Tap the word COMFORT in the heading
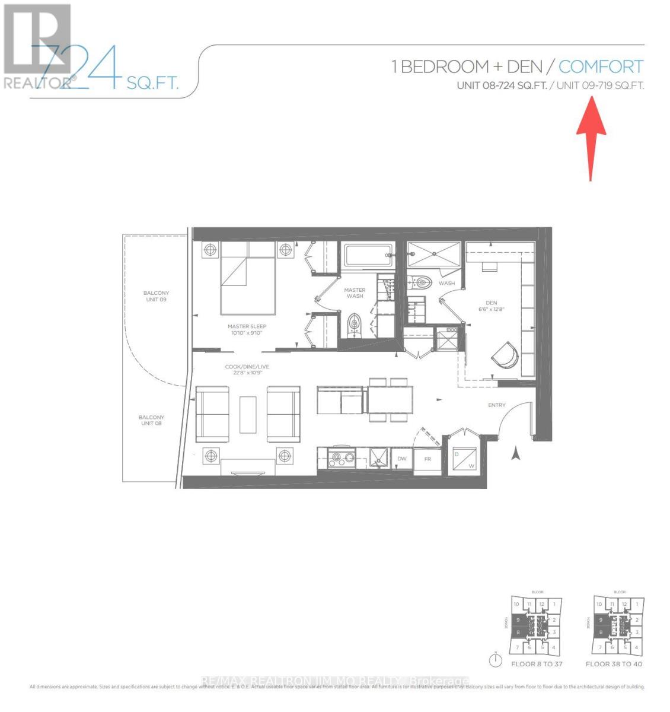click(x=601, y=66)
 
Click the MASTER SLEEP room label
click(x=247, y=329)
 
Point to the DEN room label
click(x=491, y=306)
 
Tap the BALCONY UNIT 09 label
click(x=156, y=296)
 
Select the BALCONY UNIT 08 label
click(x=151, y=420)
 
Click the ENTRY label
click(x=496, y=405)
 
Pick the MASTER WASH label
click(x=355, y=293)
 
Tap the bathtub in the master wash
click(x=368, y=256)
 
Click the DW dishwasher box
click(x=402, y=459)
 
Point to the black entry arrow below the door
click(x=516, y=454)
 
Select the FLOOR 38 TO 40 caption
click(x=614, y=664)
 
